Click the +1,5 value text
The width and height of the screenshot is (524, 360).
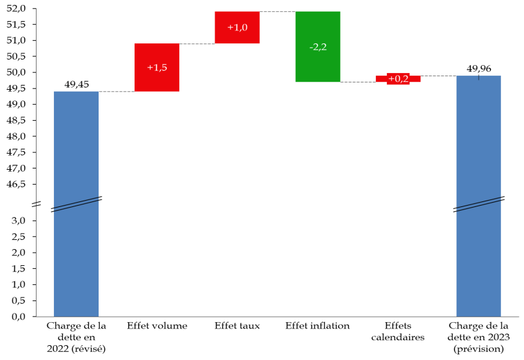(157, 68)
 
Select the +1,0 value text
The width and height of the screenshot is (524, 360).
(237, 27)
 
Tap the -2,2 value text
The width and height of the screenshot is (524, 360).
(318, 47)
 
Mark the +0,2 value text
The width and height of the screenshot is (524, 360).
(398, 79)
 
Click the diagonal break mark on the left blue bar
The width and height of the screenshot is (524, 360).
(76, 204)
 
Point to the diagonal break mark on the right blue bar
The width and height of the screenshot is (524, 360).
(478, 204)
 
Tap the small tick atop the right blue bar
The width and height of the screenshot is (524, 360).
(478, 77)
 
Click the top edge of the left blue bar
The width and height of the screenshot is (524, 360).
(76, 92)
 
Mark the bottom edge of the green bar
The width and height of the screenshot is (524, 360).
(318, 82)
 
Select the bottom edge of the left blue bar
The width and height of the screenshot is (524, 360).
(76, 316)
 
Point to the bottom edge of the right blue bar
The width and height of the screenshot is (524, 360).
(478, 316)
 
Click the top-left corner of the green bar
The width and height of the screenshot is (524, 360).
(296, 12)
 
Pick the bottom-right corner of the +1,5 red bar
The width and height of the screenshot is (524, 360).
(179, 91)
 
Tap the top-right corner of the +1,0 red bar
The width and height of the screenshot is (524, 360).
(259, 12)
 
